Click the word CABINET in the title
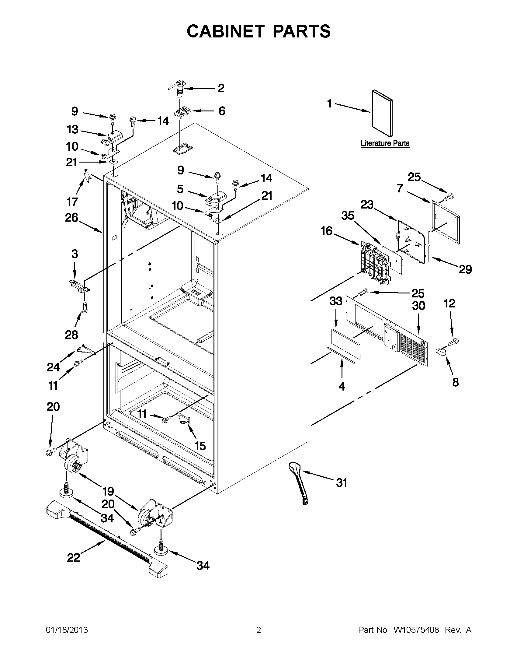pyautogui.click(x=225, y=31)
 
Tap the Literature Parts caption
pyautogui.click(x=385, y=143)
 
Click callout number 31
pyautogui.click(x=341, y=482)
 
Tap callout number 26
pyautogui.click(x=71, y=218)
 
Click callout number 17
pyautogui.click(x=72, y=202)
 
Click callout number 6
pyautogui.click(x=222, y=111)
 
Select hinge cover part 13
pyautogui.click(x=112, y=139)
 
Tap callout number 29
pyautogui.click(x=465, y=269)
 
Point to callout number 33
pyautogui.click(x=335, y=301)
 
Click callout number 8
pyautogui.click(x=455, y=382)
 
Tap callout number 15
pyautogui.click(x=200, y=446)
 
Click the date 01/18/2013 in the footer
pyautogui.click(x=67, y=630)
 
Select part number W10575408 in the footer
pyautogui.click(x=416, y=630)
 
